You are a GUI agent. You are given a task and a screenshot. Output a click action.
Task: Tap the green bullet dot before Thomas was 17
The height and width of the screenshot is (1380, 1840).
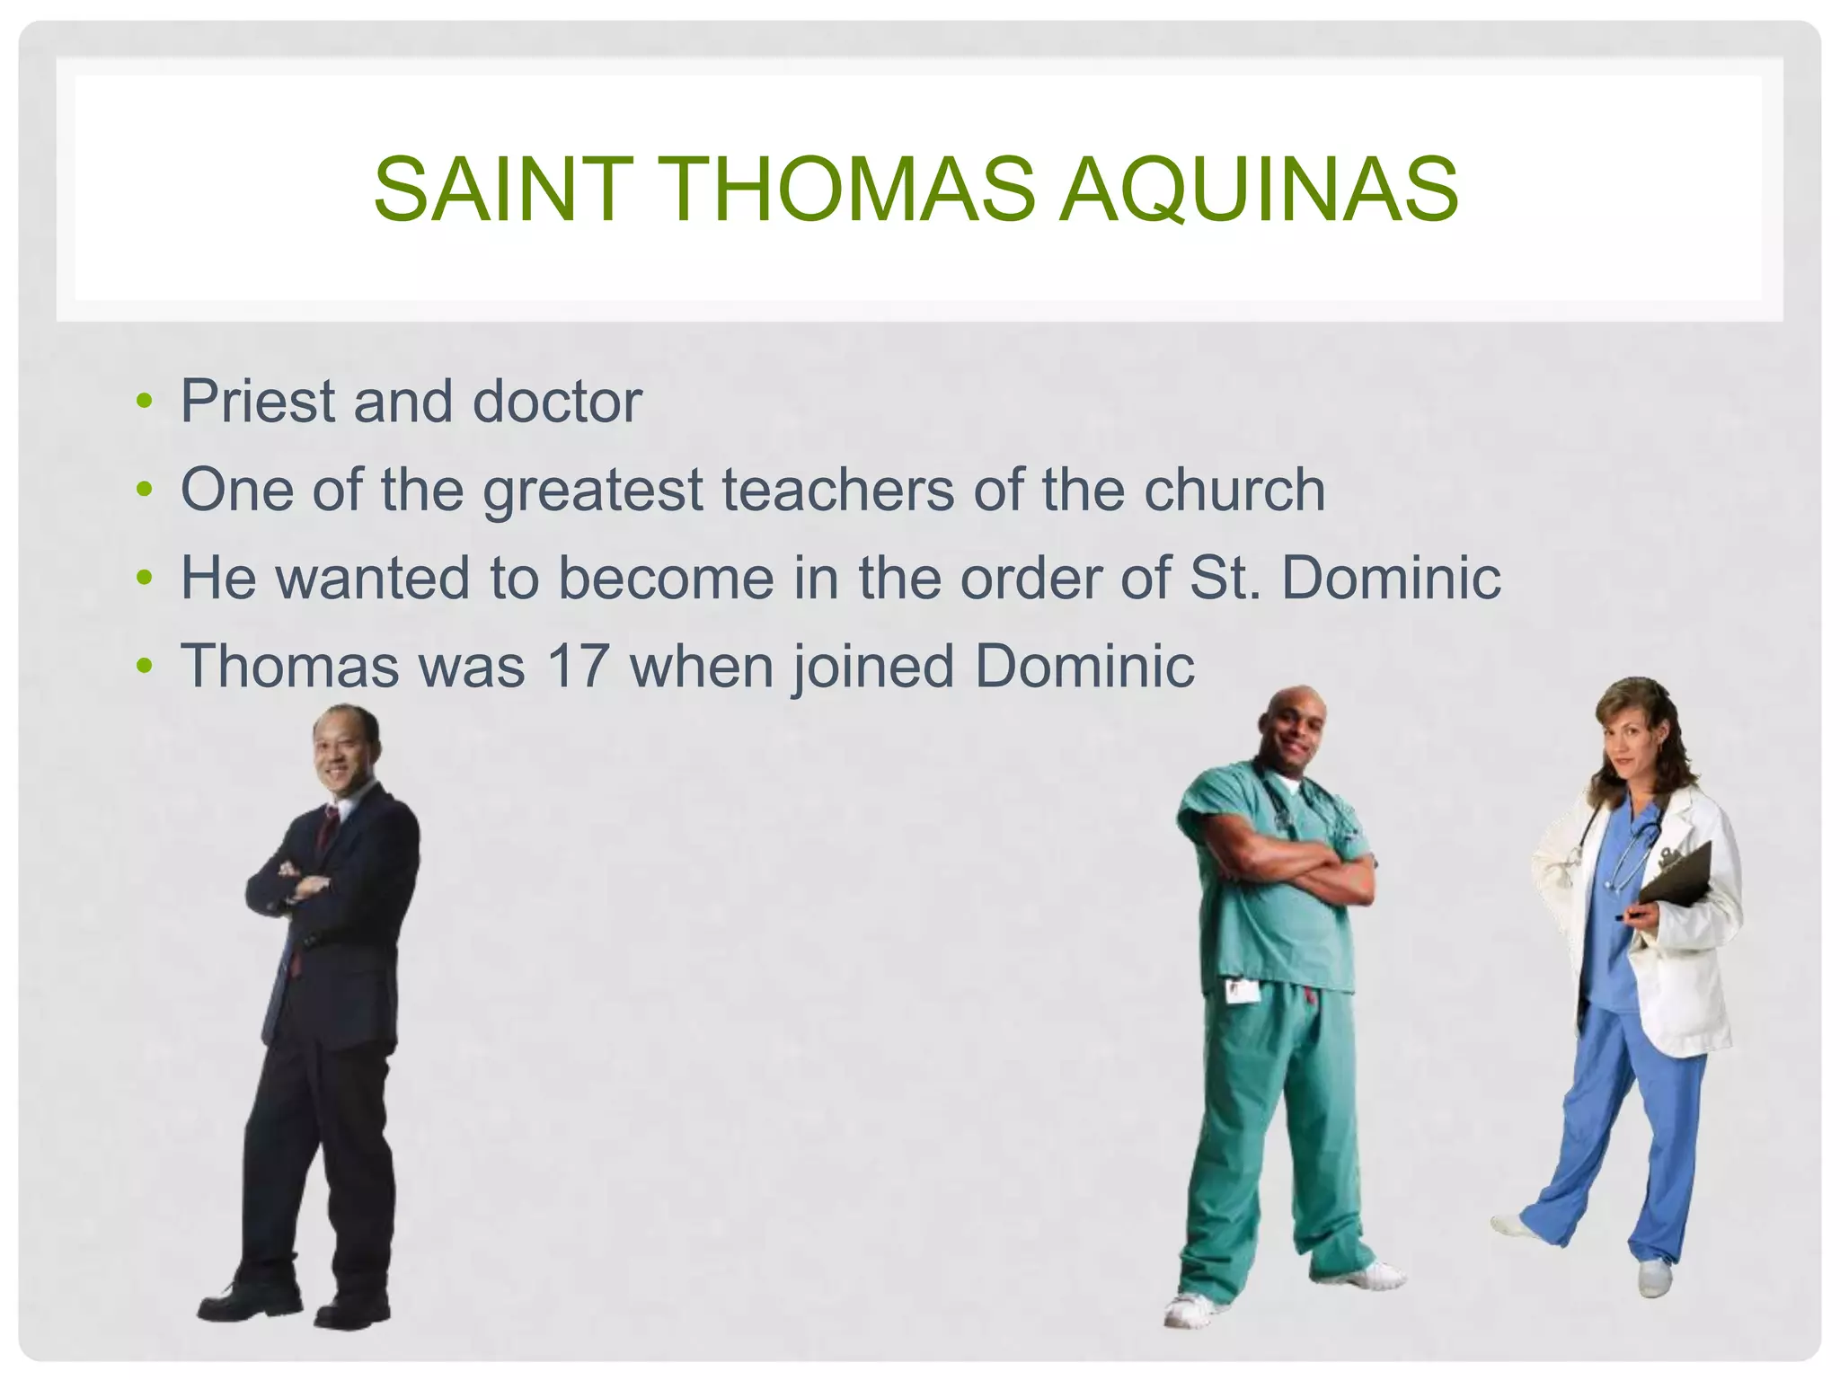[x=144, y=667]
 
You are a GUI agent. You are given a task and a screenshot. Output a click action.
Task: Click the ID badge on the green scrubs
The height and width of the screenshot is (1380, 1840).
[x=1243, y=991]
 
